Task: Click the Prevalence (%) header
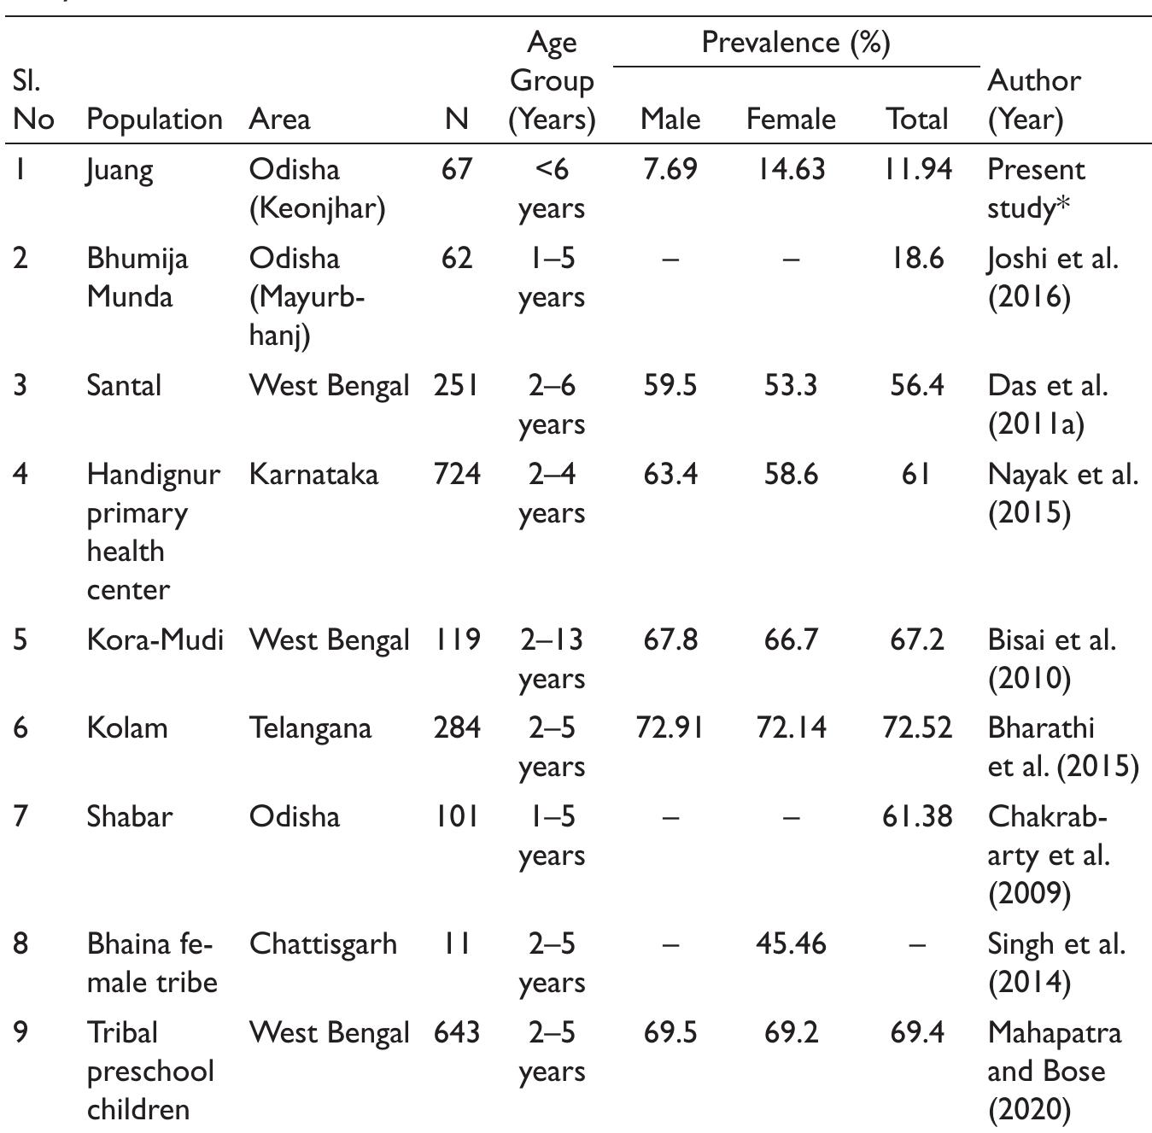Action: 795,42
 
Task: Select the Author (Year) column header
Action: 1033,99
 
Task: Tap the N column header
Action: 457,119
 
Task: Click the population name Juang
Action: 120,170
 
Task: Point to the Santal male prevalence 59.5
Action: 670,385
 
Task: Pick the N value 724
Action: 457,474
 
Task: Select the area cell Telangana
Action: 310,728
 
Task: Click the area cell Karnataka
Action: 313,474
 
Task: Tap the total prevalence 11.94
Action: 916,169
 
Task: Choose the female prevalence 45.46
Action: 791,943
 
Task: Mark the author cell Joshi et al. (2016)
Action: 1052,277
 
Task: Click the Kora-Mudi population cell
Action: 155,640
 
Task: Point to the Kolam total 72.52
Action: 916,728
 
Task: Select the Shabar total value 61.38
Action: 916,816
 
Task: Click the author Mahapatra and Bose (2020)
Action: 1054,1071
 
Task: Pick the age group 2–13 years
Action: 551,658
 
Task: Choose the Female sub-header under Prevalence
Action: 791,119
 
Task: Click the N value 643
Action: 457,1032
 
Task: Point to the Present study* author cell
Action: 1035,189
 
